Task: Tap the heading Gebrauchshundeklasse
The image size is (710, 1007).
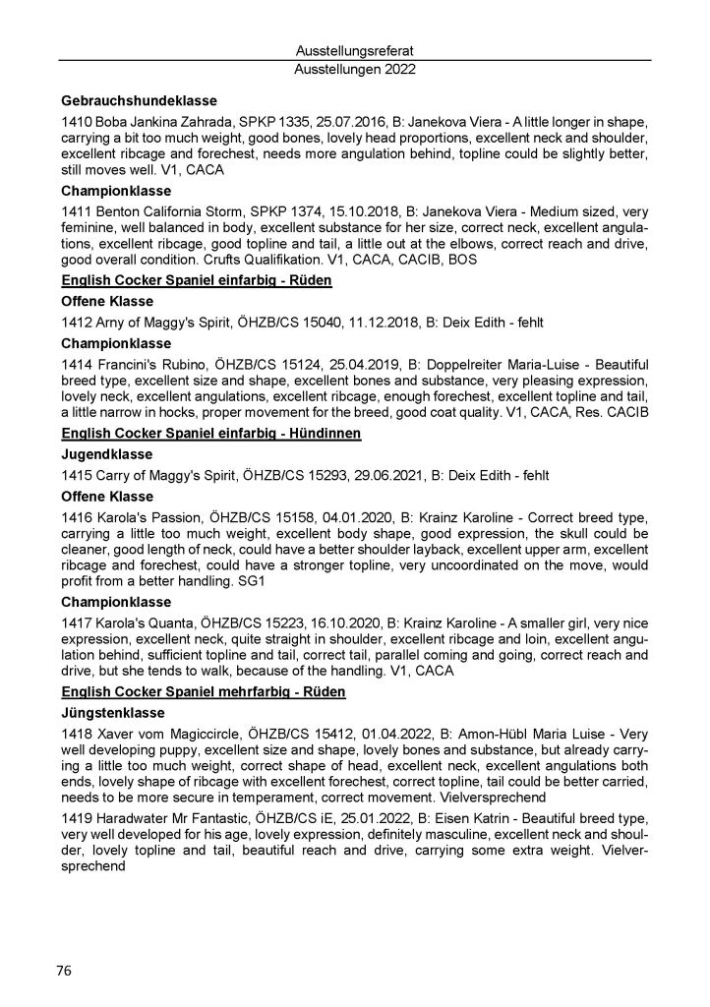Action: (139, 101)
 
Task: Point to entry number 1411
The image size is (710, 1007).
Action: (77, 208)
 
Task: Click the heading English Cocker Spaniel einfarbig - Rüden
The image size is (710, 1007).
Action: (196, 280)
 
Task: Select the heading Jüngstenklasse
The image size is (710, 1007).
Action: (113, 713)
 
